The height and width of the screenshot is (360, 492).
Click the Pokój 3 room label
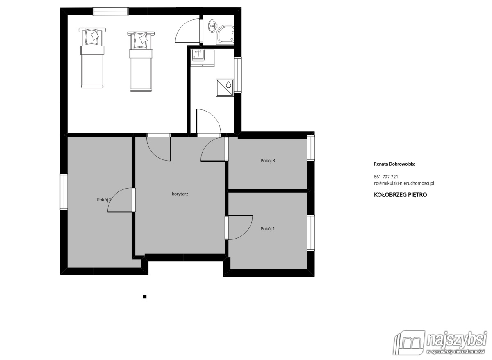tap(267, 161)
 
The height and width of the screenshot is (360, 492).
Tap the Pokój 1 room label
tap(267, 229)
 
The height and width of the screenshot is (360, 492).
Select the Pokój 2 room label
tap(104, 200)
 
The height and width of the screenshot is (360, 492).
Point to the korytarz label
tap(180, 194)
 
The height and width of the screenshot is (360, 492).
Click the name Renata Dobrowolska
tap(394, 164)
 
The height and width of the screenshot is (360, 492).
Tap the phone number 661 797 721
tap(386, 177)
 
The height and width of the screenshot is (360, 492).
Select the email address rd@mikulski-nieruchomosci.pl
tap(404, 183)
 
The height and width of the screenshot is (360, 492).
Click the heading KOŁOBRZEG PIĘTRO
tap(400, 195)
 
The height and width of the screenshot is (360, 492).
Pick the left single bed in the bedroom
tap(92, 58)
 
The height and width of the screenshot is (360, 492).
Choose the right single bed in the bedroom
tap(141, 62)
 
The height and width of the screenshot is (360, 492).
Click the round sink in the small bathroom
tap(212, 26)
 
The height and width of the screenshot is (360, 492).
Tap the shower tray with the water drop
tap(225, 88)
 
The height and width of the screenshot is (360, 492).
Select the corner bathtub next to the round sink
tap(225, 35)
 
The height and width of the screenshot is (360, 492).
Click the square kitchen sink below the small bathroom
tap(198, 55)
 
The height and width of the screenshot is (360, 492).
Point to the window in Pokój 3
tap(311, 148)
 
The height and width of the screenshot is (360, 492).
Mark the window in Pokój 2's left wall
tap(64, 191)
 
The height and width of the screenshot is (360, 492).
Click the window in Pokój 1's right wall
tap(311, 233)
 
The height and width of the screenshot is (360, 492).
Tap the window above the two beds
tap(110, 11)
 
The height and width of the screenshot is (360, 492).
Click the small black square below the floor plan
tap(144, 297)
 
